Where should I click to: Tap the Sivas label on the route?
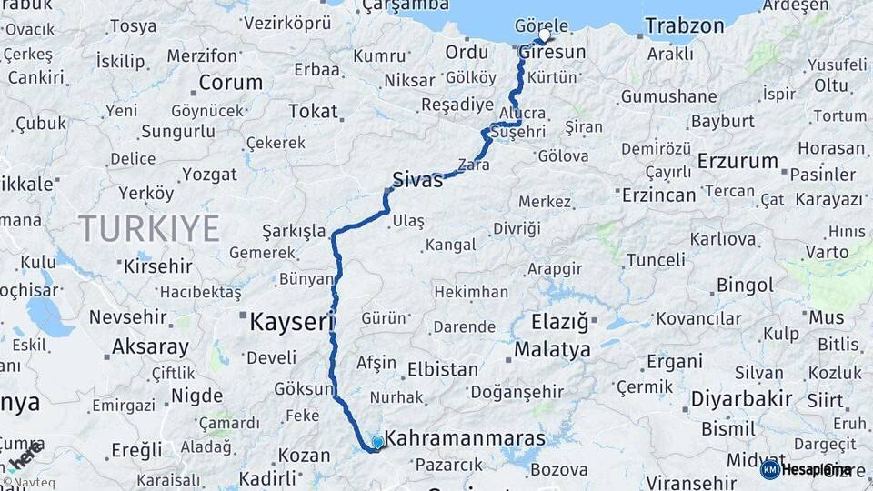coord(417,179)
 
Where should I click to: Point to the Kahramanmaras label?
coord(465,438)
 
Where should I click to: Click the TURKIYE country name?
coord(148,228)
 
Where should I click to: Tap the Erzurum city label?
coord(738,161)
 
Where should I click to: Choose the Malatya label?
coord(552,349)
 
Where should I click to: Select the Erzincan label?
coord(658,195)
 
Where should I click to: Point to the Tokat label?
coord(312,111)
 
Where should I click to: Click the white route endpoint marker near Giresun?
coord(545,35)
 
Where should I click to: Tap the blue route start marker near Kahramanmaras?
coord(377,442)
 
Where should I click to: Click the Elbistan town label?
coord(443,369)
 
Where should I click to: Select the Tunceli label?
coord(656,260)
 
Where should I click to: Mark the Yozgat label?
coord(209,174)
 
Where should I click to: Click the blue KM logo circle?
coord(769,469)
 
